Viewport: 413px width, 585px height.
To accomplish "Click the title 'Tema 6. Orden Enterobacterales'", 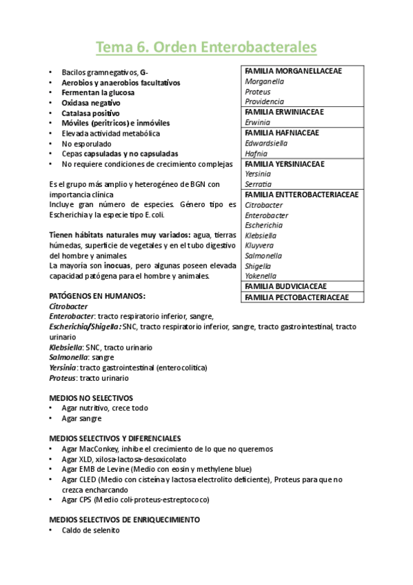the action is (x=206, y=47).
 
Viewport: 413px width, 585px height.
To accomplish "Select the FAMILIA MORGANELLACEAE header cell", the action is (x=293, y=71).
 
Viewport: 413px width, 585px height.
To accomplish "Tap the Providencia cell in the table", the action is (x=265, y=101).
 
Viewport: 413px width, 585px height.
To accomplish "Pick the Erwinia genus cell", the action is (x=256, y=122).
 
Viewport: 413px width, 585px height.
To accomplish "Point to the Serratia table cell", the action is (x=258, y=184).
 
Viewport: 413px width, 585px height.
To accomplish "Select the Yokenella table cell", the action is (x=261, y=276).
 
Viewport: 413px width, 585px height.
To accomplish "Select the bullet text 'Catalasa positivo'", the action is (x=90, y=113).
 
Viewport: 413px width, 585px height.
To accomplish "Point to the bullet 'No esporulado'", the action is (x=86, y=143).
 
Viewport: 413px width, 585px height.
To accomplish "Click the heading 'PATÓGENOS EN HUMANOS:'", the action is (x=97, y=296).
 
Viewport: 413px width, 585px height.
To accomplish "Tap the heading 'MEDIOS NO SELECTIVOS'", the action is (x=91, y=398).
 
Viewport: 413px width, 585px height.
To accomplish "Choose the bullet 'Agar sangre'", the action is (x=81, y=418).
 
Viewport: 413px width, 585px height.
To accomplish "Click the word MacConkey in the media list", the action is (x=100, y=449).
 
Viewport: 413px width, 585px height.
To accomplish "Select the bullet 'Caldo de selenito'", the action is (x=90, y=531).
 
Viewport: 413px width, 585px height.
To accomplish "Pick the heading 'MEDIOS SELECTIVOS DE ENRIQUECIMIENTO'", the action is (x=125, y=519).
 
